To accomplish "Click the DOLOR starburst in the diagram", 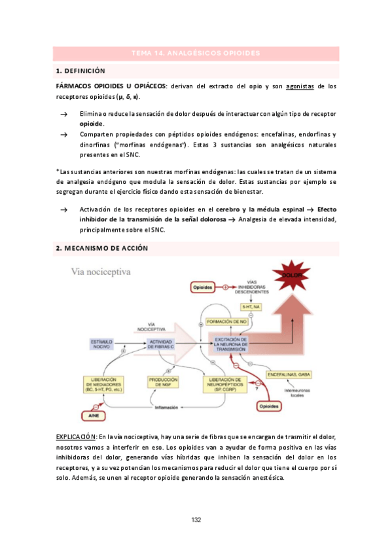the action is tap(293, 276).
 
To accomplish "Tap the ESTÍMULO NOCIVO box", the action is tap(101, 344).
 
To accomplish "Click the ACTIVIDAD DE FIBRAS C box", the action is tap(161, 344).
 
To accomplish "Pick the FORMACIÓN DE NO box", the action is tap(224, 322).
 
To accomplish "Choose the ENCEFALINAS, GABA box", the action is tap(289, 375).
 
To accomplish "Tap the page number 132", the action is tap(196, 520).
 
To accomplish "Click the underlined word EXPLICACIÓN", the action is tap(77, 436).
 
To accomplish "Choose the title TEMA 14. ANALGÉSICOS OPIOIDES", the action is tap(196, 53).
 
